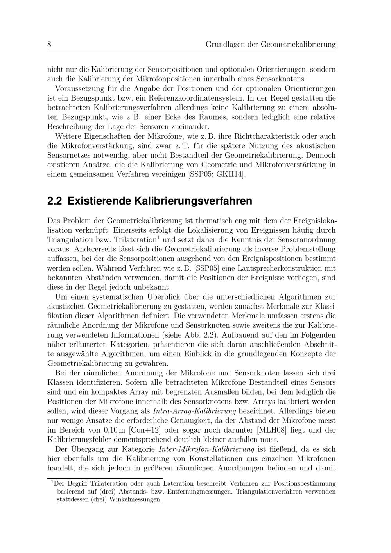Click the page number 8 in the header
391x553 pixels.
[x=49, y=45]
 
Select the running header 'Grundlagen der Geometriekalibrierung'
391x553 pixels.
[x=271, y=45]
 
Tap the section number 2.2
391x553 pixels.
[x=55, y=201]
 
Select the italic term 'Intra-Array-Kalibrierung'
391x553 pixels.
[x=194, y=411]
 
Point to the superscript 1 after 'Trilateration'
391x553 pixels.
[x=158, y=237]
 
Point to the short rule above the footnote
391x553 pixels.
[x=105, y=478]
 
